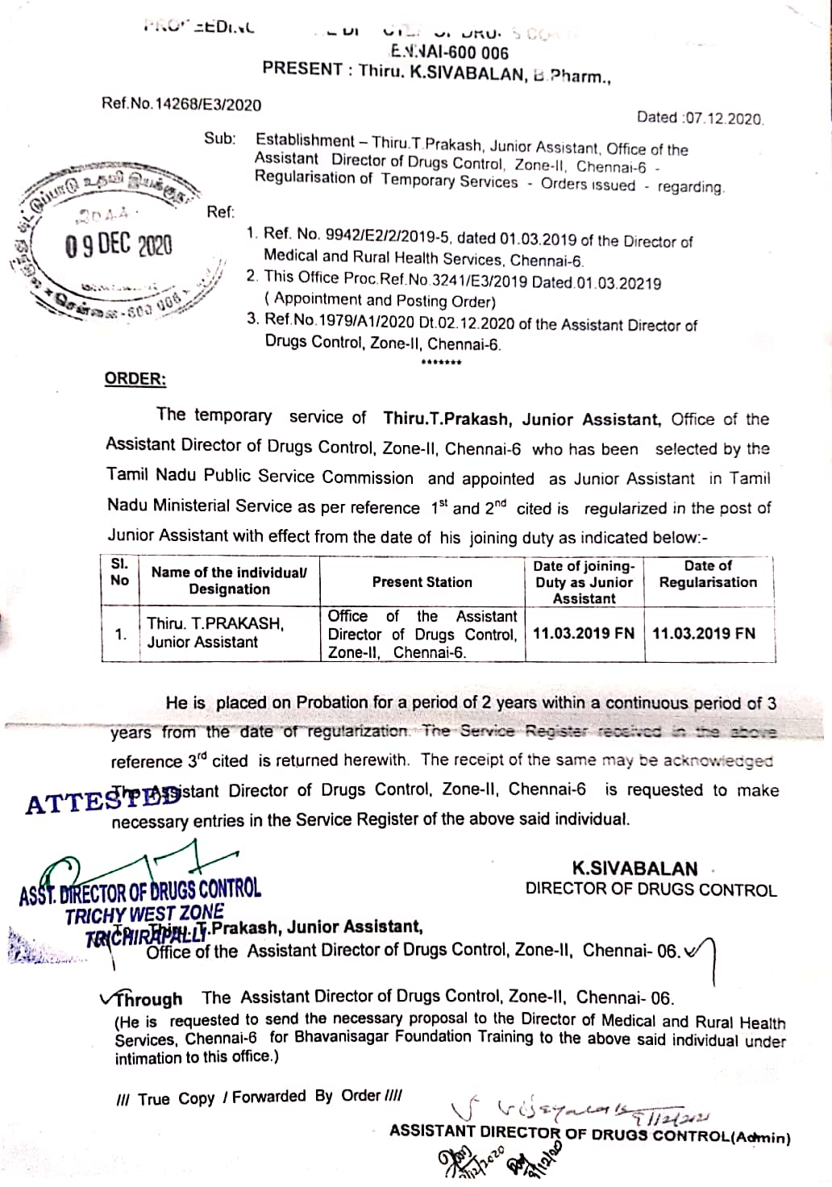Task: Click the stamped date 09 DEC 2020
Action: [119, 244]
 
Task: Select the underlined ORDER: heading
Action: [135, 379]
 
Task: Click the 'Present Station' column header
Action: [422, 581]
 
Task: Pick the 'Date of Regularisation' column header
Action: [708, 574]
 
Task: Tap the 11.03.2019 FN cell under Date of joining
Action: [583, 633]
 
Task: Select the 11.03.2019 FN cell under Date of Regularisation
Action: [703, 633]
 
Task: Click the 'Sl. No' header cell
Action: [119, 572]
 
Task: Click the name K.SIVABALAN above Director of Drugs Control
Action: [634, 868]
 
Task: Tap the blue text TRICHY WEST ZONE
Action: [144, 914]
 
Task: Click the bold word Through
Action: [149, 999]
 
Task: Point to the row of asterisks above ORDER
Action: [441, 363]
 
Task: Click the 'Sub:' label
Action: [219, 138]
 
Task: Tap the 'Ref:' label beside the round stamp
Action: [220, 212]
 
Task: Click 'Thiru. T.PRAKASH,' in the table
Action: [215, 623]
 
